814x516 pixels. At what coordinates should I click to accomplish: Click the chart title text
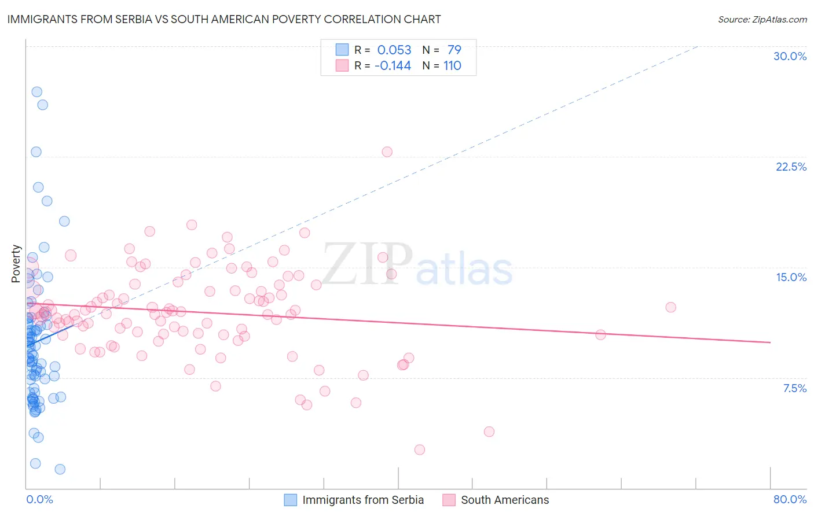[x=223, y=19]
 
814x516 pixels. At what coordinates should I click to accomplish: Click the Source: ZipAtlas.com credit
[x=762, y=19]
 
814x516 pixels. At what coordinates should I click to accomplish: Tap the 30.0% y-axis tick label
[x=790, y=56]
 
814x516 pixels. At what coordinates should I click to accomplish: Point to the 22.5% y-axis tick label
[x=791, y=167]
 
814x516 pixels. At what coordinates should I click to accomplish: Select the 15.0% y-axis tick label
[x=791, y=277]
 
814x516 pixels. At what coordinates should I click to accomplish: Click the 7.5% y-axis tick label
[x=794, y=388]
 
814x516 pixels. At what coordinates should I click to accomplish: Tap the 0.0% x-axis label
[x=39, y=499]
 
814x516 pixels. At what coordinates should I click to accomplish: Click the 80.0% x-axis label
[x=790, y=499]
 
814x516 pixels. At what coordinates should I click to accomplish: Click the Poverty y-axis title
[x=16, y=263]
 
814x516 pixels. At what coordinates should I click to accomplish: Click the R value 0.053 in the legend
[x=394, y=50]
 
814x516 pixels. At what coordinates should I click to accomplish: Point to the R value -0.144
[x=393, y=65]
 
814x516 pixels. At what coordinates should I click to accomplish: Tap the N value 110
[x=452, y=65]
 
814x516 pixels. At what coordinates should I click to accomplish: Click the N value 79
[x=454, y=50]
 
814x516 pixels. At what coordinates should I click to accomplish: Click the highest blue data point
[x=36, y=92]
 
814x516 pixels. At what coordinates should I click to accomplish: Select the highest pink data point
[x=387, y=152]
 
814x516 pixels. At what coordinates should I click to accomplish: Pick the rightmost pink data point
[x=670, y=307]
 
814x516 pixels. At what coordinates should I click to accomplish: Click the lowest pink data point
[x=420, y=449]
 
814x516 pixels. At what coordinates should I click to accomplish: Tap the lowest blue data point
[x=60, y=469]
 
